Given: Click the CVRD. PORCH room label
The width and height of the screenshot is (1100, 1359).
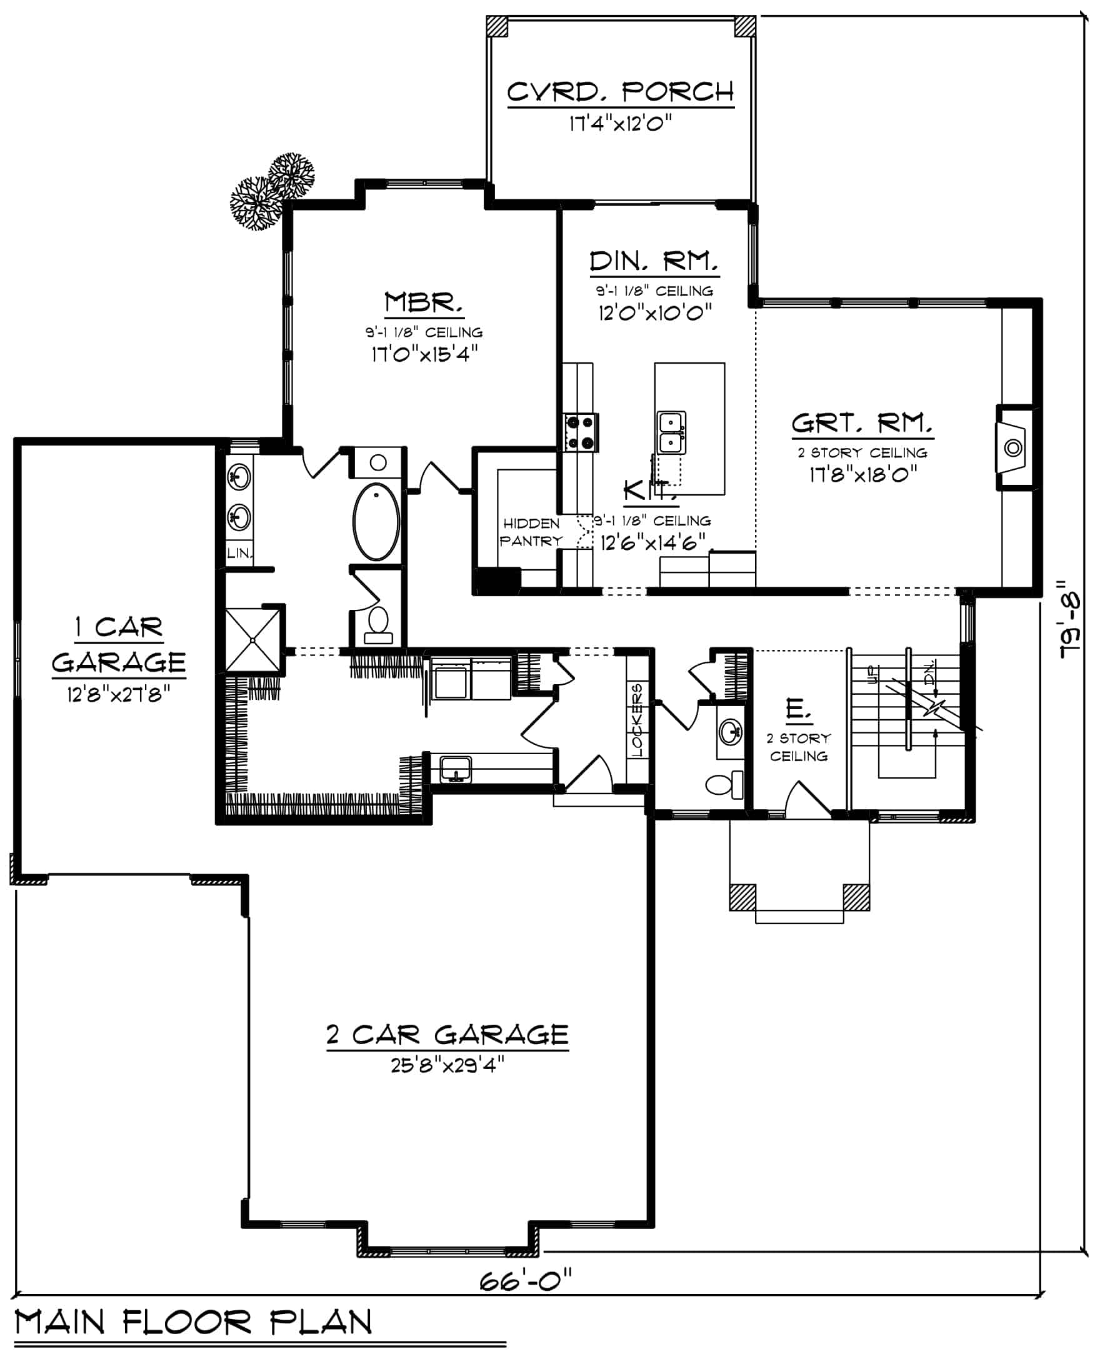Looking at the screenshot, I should pos(620,92).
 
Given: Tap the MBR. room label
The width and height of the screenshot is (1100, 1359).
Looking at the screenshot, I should pos(423,302).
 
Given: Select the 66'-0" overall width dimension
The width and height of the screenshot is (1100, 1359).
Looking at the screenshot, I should pos(525,1280).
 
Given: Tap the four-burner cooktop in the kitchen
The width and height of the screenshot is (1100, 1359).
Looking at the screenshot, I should pos(581,432).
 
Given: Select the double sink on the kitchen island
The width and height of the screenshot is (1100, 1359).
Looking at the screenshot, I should pos(671,432).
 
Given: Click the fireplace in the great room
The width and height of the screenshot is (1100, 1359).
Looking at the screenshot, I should pos(1013,448).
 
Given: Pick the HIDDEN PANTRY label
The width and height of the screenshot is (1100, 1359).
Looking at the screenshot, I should pos(531,532).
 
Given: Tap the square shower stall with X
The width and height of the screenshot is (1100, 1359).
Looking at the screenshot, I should pos(252,639).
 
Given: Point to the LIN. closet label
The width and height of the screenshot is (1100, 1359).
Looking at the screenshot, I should pos(239,552).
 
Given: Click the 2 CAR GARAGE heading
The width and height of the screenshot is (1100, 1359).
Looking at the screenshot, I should pos(447,1034).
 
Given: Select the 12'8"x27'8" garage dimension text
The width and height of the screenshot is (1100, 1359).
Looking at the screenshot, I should pos(119,695).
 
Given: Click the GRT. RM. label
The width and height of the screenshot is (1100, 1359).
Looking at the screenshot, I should pos(862,422).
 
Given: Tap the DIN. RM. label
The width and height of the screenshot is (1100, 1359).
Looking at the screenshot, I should pos(654,261).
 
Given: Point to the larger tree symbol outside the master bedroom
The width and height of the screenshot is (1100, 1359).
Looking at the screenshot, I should pos(256,202).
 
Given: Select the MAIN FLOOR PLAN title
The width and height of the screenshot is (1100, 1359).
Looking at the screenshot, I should pos(193,1322).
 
